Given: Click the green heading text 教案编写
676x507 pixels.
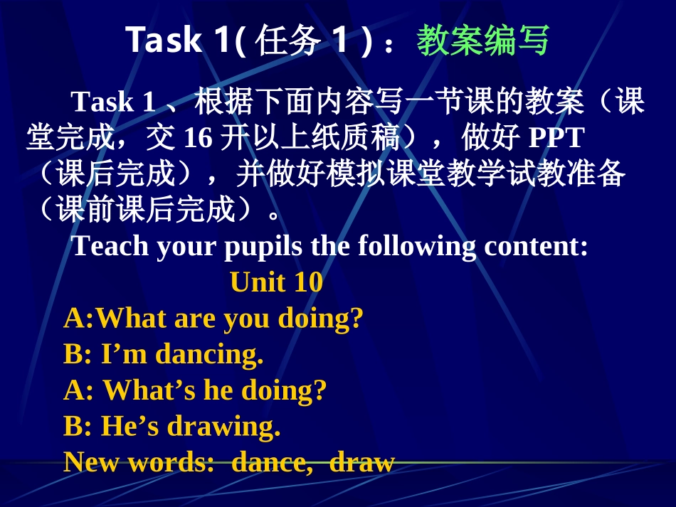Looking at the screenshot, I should (482, 41).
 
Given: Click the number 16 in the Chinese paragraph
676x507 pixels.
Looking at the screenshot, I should (198, 138).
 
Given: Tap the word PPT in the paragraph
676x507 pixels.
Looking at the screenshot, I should (554, 138).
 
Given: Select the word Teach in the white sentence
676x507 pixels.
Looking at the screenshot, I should (111, 246).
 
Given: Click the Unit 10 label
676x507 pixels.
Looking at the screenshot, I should (276, 282).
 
